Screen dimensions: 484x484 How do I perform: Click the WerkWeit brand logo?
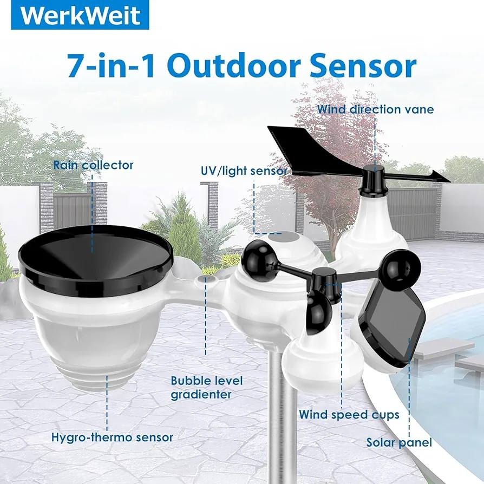pyautogui.click(x=80, y=15)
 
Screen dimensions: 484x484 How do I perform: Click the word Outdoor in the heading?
pyautogui.click(x=234, y=66)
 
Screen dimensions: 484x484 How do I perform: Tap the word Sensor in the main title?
pyautogui.click(x=363, y=66)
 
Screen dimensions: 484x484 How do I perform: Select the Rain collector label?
pyautogui.click(x=93, y=165)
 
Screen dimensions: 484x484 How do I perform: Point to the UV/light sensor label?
pyautogui.click(x=244, y=171)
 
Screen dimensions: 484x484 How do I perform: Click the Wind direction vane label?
pyautogui.click(x=375, y=109)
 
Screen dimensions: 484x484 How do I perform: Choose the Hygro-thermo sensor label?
pyautogui.click(x=112, y=437)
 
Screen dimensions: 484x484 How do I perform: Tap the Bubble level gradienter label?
pyautogui.click(x=207, y=388)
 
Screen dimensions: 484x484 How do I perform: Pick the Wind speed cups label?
pyautogui.click(x=349, y=415)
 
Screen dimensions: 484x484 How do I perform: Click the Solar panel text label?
pyautogui.click(x=399, y=443)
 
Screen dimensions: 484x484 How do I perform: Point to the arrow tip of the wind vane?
pyautogui.click(x=449, y=181)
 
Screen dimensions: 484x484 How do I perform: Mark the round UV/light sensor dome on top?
pyautogui.click(x=283, y=238)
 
